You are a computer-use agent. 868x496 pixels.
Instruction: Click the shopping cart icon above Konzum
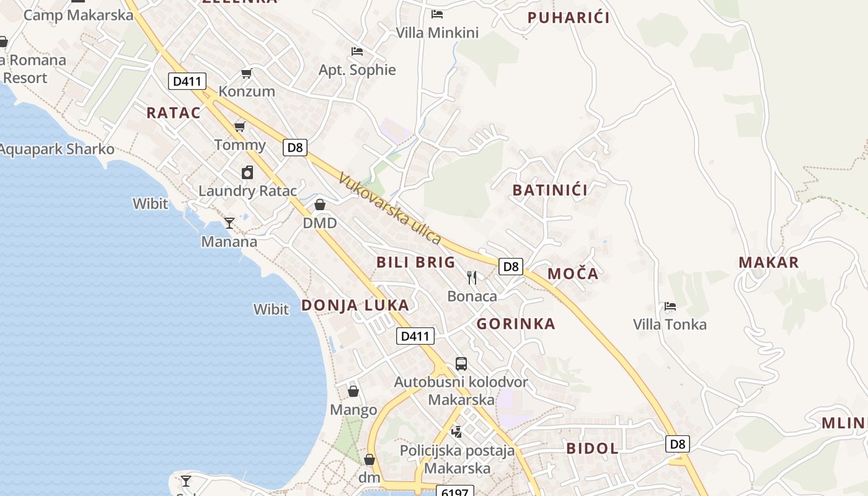pos(246,74)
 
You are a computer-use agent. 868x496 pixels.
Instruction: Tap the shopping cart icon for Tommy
pos(239,127)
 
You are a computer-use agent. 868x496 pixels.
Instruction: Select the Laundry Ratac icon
pos(247,172)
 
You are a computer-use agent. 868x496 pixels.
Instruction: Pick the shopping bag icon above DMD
pos(320,205)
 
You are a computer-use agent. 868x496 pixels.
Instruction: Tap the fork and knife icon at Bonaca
pos(472,277)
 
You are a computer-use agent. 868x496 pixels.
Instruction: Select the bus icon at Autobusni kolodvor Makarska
pos(461,364)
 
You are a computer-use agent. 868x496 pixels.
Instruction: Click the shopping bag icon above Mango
pos(353,391)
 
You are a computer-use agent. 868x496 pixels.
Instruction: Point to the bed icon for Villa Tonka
pos(670,306)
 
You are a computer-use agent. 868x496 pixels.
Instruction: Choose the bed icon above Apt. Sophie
pos(357,51)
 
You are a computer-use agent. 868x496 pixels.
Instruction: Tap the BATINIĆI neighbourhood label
pos(550,190)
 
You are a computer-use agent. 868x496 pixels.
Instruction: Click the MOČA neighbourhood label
pos(573,274)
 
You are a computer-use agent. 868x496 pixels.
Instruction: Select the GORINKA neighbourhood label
pos(516,324)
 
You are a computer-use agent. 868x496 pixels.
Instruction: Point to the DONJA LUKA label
pos(355,305)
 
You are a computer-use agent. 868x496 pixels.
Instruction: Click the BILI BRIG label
pos(416,262)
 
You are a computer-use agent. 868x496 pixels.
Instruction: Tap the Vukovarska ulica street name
pos(390,208)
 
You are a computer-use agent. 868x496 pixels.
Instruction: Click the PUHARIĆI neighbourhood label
pos(569,18)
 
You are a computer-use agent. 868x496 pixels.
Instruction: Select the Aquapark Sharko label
pos(57,149)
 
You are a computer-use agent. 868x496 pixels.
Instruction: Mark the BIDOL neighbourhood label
pos(592,448)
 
